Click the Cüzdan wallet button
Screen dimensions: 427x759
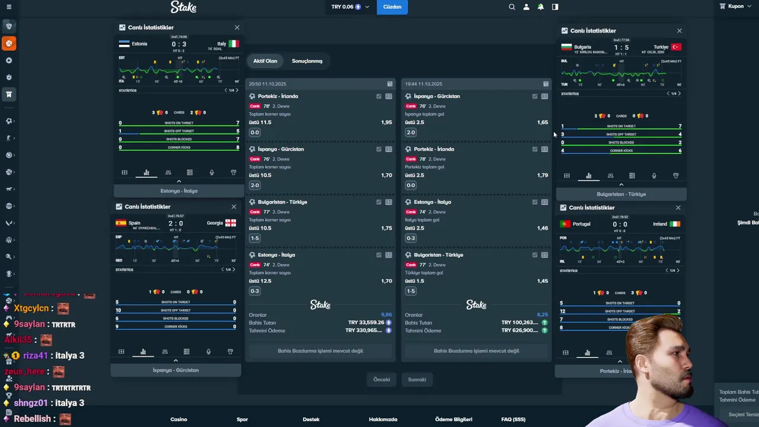392,7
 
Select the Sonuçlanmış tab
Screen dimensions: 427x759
307,61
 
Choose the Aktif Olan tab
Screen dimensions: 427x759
265,61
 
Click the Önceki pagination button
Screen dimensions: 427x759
381,380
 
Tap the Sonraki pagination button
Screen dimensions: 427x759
417,380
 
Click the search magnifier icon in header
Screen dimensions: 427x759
512,7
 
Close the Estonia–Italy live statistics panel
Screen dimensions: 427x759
237,27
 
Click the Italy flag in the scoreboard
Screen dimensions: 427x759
234,44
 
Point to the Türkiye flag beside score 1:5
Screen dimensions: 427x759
676,47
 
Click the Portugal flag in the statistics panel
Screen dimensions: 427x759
565,224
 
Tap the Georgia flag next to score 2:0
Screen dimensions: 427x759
231,223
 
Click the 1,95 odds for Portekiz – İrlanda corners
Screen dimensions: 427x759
386,122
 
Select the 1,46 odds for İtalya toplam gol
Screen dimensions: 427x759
542,228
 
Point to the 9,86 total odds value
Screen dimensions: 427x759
386,315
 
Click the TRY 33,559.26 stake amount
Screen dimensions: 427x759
366,323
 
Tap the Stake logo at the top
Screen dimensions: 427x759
183,7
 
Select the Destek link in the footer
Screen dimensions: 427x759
311,419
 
